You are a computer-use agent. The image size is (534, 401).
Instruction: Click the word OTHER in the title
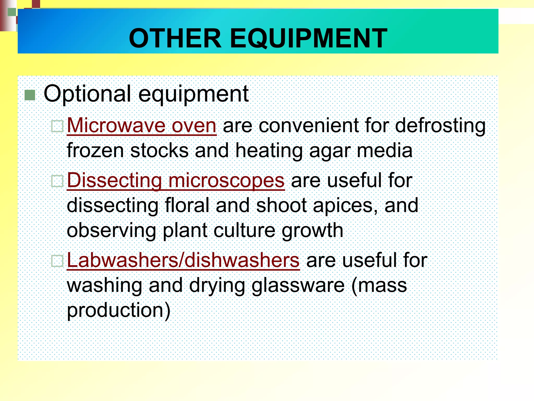175,38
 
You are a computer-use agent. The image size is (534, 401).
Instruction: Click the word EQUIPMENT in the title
309,38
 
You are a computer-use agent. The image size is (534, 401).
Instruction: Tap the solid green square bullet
30,95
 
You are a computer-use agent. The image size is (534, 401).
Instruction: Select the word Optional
87,94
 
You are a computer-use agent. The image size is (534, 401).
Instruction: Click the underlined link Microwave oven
142,126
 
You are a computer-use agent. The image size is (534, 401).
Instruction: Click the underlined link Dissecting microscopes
175,180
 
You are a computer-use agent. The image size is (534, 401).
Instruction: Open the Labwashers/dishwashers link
183,260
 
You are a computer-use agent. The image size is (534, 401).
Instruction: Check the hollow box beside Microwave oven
57,126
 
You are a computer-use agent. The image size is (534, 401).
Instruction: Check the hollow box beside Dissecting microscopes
57,181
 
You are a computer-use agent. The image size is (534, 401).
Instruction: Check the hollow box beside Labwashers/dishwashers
57,261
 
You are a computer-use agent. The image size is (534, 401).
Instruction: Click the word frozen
95,151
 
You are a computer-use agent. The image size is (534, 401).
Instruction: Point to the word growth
312,231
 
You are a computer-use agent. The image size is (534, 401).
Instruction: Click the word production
119,310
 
